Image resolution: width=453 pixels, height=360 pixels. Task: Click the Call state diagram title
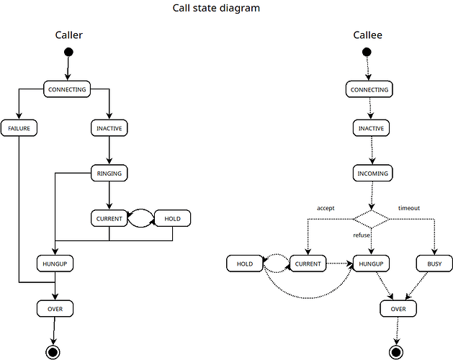[216, 9]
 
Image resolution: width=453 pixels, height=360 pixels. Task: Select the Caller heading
[68, 35]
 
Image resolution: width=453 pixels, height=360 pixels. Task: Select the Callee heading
[367, 35]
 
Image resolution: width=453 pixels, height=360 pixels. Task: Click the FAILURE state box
[19, 128]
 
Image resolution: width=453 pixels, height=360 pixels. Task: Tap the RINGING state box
[109, 173]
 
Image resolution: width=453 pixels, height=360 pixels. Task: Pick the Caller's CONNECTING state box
[66, 89]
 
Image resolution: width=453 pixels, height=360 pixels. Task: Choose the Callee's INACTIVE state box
[372, 128]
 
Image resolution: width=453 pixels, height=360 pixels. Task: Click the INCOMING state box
[372, 173]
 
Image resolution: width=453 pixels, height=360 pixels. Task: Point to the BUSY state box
[434, 264]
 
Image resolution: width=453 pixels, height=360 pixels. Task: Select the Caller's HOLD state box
[173, 217]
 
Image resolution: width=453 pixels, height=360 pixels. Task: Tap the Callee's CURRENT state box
[308, 264]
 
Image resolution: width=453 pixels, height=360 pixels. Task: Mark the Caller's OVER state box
[55, 308]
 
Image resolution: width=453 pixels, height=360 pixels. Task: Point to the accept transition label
[326, 208]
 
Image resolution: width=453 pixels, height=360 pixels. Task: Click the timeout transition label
[408, 208]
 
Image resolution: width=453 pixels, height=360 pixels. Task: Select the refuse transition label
[362, 235]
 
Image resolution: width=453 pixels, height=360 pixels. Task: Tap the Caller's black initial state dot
[68, 52]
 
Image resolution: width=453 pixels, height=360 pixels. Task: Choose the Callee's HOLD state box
[245, 264]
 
